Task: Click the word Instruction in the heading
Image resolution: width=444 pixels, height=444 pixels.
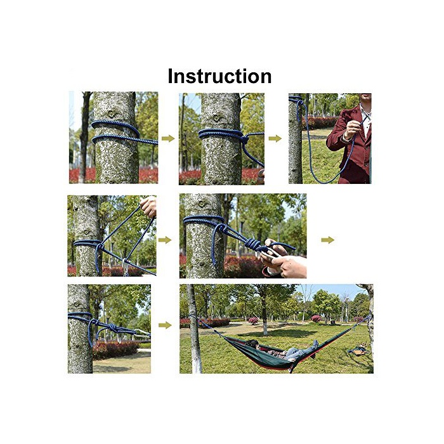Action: click(219, 76)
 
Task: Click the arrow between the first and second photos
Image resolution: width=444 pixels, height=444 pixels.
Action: click(168, 138)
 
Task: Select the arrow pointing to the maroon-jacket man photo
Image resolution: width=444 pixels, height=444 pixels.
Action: click(275, 138)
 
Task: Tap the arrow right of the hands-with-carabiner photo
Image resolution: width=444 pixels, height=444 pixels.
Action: click(328, 240)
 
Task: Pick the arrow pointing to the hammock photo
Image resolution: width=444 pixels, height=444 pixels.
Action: click(165, 325)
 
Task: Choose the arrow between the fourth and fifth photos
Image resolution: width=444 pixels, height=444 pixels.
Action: click(165, 240)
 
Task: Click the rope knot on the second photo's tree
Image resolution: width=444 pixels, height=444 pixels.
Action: click(245, 139)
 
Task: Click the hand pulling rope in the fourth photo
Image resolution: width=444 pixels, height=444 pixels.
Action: click(148, 206)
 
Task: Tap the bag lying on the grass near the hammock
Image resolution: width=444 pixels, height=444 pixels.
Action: click(358, 350)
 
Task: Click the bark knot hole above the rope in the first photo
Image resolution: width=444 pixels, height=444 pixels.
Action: click(111, 114)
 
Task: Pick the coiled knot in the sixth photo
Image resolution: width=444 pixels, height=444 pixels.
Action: click(113, 328)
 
